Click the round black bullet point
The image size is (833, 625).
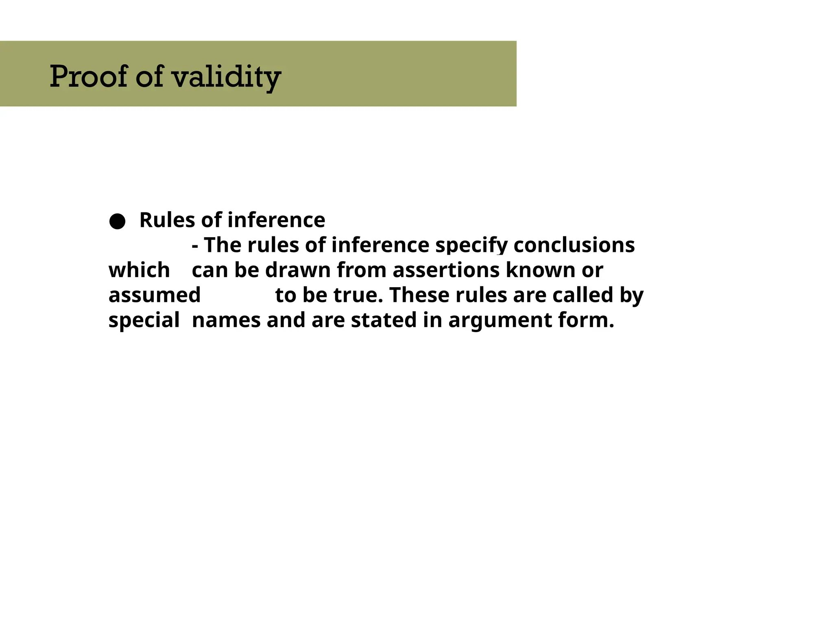coord(117,221)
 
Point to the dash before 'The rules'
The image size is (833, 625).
coord(195,246)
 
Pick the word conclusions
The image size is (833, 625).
coord(574,245)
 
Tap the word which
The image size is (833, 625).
coord(139,270)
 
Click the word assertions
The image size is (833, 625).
coord(446,270)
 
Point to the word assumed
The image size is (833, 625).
coord(155,295)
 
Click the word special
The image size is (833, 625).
coord(144,320)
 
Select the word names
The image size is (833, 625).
coord(226,320)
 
